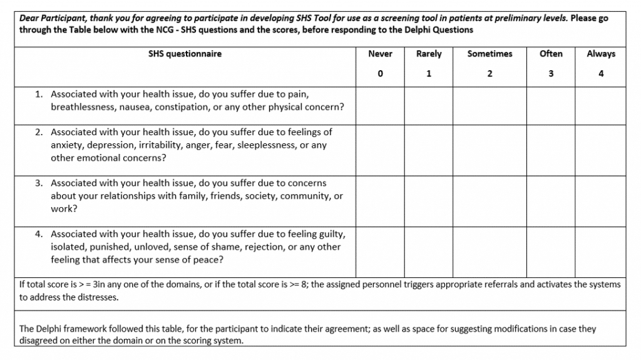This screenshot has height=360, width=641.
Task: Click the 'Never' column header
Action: tap(380, 54)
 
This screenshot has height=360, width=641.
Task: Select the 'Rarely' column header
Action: tap(429, 54)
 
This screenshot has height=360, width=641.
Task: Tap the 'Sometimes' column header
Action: tap(490, 54)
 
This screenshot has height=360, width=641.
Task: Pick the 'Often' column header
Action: tap(551, 54)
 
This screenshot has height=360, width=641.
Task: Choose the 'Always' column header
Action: tap(601, 54)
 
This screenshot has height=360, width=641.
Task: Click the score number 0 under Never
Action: tap(380, 74)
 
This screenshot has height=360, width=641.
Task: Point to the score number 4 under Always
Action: tap(601, 74)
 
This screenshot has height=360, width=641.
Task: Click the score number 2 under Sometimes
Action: tap(490, 74)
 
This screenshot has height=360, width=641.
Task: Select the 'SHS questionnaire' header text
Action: tap(185, 54)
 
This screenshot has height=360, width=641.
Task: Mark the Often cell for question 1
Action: tap(551, 101)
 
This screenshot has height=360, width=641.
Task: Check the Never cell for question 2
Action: tap(380, 145)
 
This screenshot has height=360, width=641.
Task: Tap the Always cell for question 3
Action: tap(601, 197)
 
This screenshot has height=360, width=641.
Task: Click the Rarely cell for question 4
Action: tap(429, 247)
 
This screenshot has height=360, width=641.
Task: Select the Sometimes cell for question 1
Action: tap(490, 101)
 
